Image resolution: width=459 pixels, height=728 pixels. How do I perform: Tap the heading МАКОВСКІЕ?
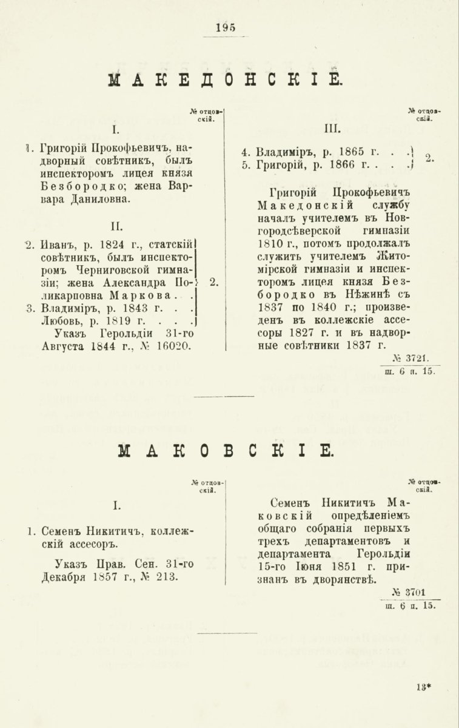coord(226,450)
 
